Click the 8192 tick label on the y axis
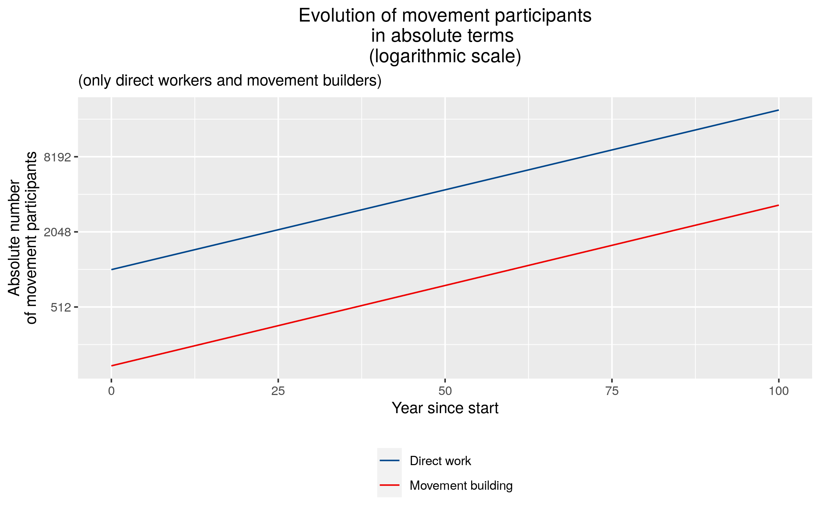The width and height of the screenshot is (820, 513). click(57, 157)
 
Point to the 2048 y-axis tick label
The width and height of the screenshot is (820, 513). click(57, 232)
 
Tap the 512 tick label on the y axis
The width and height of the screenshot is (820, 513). click(61, 307)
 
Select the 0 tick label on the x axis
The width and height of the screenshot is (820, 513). click(111, 391)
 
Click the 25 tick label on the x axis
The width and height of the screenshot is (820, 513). click(278, 391)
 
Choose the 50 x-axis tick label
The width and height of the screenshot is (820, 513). click(445, 391)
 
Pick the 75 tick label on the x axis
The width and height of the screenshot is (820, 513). click(612, 391)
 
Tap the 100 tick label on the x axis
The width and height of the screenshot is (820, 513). click(779, 391)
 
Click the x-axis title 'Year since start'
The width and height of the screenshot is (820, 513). click(445, 408)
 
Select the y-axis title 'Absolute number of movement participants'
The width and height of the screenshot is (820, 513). click(23, 238)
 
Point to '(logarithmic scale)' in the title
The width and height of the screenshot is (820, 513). click(445, 56)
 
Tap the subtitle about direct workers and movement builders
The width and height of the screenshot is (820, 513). click(230, 81)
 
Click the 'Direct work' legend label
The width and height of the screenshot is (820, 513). click(440, 461)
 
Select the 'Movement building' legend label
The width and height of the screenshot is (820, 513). click(461, 486)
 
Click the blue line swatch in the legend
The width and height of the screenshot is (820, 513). click(389, 461)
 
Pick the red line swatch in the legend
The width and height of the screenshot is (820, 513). click(389, 485)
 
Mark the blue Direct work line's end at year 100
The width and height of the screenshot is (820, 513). click(779, 110)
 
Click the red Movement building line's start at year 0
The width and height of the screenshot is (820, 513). click(111, 366)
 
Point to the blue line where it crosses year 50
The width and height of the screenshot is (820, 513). click(445, 190)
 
